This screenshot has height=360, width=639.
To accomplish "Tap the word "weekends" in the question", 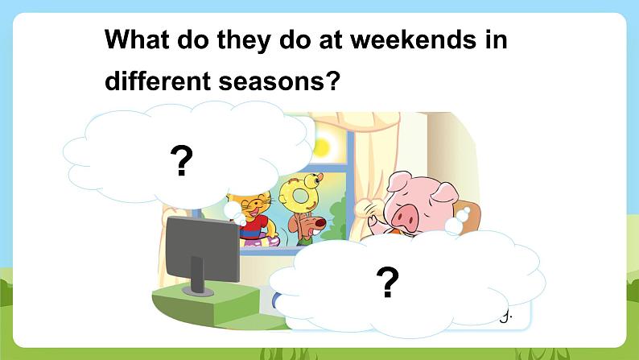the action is click(x=413, y=39).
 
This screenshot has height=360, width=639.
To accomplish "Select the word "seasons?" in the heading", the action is click(x=279, y=81).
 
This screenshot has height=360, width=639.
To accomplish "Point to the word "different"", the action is click(x=158, y=80).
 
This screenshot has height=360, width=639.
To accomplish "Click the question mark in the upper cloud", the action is click(x=182, y=161).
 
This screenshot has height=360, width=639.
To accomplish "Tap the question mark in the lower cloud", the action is click(x=388, y=282).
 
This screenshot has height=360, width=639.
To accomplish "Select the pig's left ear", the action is click(x=398, y=181).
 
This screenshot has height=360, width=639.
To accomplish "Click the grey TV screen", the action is click(x=202, y=249).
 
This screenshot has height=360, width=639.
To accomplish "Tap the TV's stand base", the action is click(x=198, y=291).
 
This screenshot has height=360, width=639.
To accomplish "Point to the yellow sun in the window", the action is click(x=321, y=147).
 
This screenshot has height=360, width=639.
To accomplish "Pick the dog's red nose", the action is click(x=321, y=223).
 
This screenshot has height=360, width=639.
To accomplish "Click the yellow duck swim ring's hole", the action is click(x=301, y=196).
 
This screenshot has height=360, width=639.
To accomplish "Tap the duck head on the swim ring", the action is click(x=312, y=180).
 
